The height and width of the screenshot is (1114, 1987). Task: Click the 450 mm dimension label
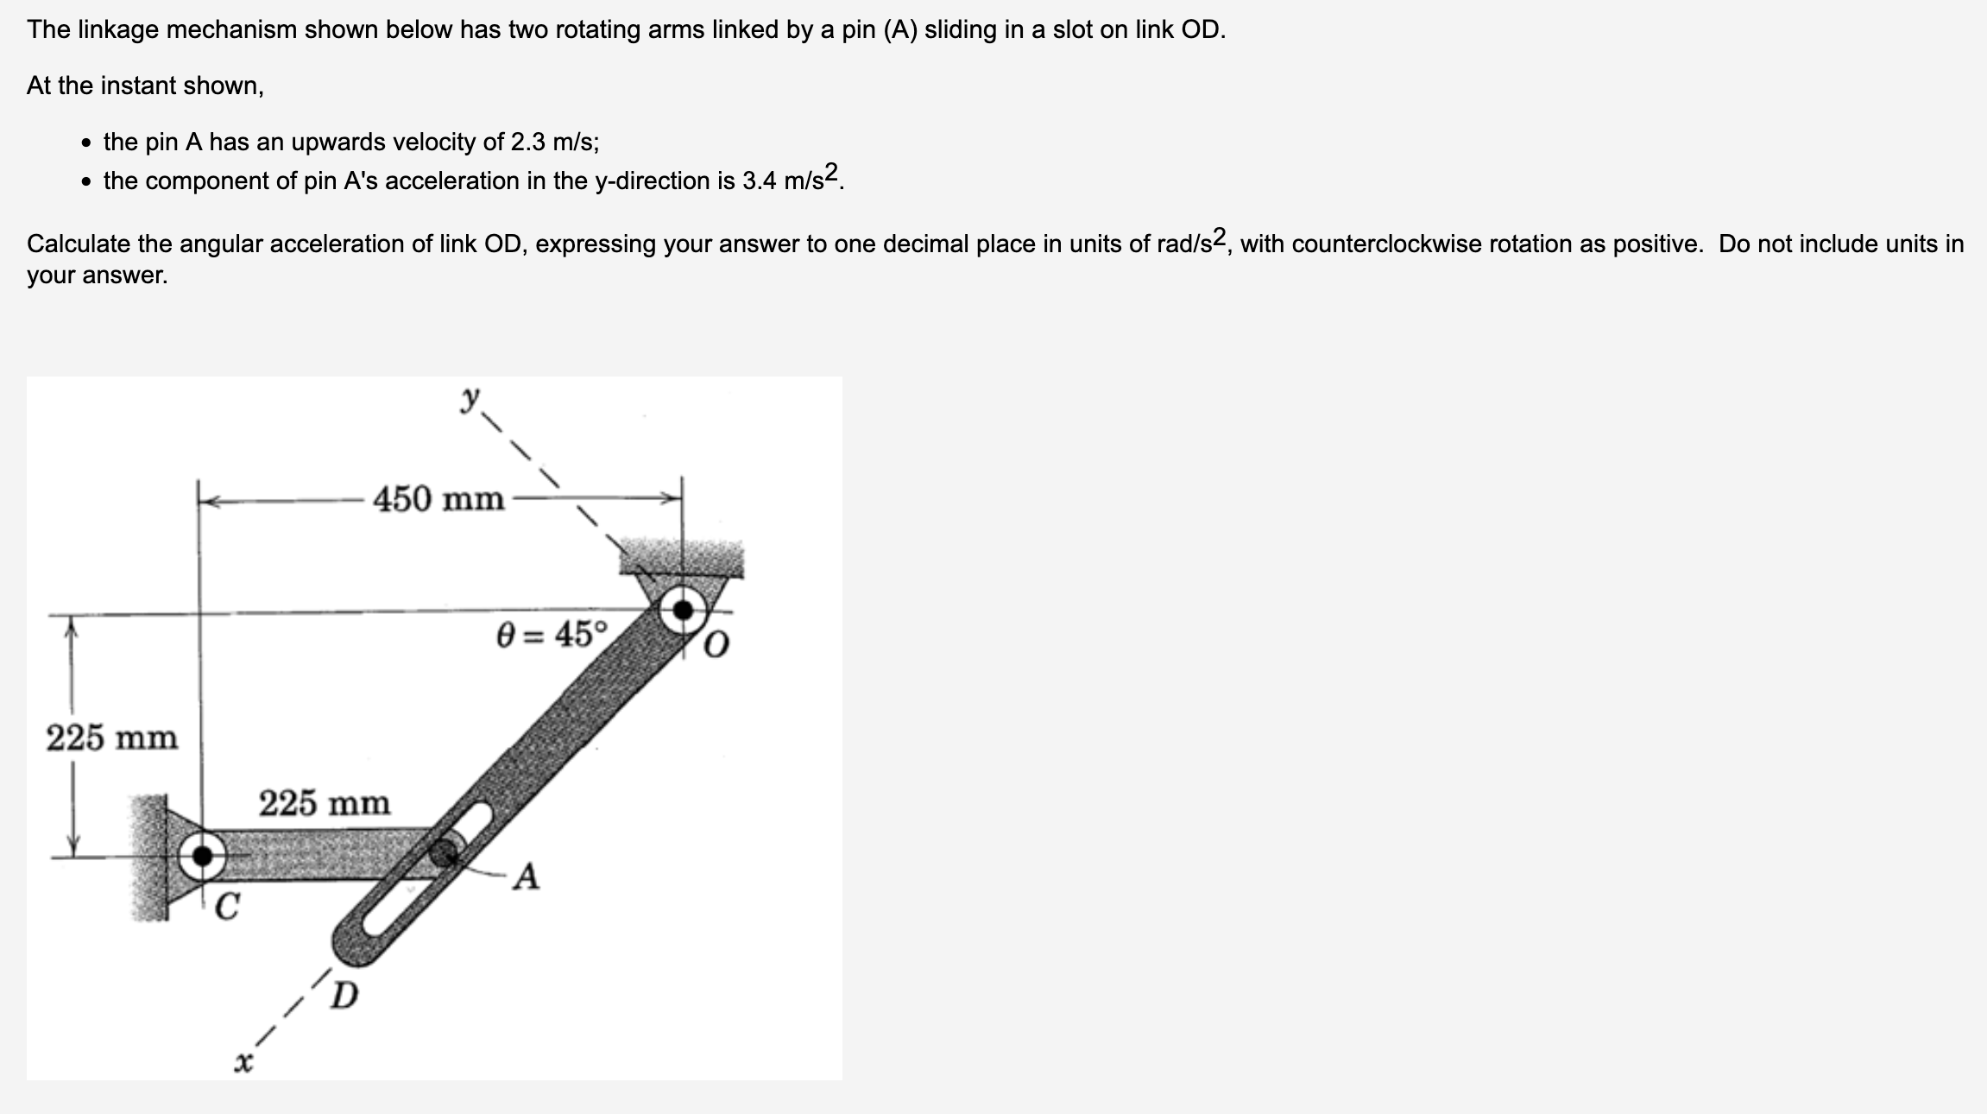(x=438, y=498)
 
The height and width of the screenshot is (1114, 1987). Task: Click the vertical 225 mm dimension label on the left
(x=111, y=737)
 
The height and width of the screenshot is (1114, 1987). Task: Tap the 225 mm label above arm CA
(x=325, y=803)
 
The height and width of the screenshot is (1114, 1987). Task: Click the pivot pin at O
(x=683, y=610)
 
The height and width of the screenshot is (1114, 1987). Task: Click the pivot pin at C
(x=203, y=856)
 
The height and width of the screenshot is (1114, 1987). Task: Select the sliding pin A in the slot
(x=444, y=852)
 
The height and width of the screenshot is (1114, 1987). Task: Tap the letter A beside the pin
(x=527, y=877)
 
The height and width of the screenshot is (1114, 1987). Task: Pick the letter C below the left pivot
(x=227, y=907)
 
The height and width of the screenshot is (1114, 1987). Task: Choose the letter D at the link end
(x=344, y=996)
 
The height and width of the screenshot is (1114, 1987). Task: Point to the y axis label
(x=470, y=399)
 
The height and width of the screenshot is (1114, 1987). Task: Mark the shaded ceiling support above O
(x=682, y=559)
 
